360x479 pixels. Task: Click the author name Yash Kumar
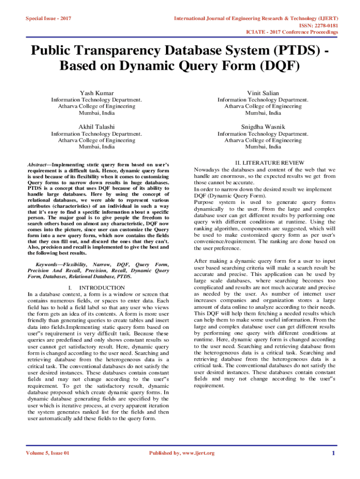[96, 93]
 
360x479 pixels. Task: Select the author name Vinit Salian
[263, 93]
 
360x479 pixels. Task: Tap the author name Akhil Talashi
[96, 127]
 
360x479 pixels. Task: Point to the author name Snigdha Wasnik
[263, 127]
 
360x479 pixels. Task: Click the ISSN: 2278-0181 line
[320, 25]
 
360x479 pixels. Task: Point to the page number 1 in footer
[333, 453]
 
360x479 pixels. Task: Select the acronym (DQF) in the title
[274, 66]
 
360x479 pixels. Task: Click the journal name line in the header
[256, 19]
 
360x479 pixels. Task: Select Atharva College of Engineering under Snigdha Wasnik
[263, 140]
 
